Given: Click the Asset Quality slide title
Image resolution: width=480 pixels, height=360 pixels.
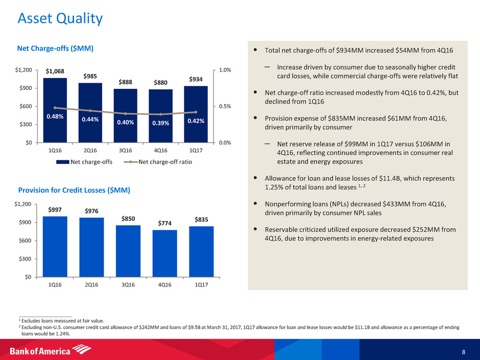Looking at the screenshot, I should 60,19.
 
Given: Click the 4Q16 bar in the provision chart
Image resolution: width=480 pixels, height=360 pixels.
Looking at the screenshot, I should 164,253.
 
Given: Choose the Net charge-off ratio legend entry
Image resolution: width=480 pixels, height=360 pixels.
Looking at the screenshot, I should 160,162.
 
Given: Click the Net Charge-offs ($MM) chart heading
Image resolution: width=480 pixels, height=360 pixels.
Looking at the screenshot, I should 55,49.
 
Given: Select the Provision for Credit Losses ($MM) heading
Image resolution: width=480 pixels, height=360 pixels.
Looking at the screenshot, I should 74,190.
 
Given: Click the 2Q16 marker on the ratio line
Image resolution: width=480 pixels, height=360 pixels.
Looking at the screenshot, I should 90,111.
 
